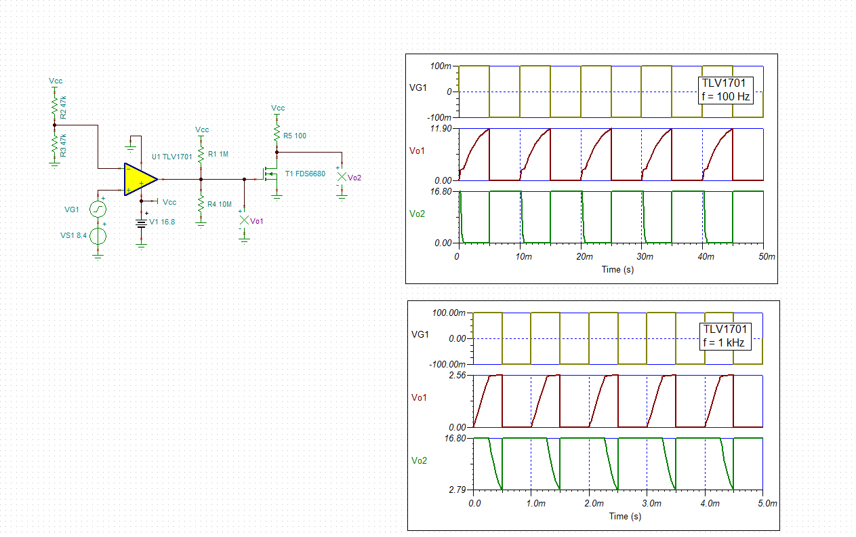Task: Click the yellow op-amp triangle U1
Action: [139, 179]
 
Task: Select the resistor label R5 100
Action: [294, 136]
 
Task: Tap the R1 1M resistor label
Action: [218, 155]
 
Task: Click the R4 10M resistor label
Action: [220, 204]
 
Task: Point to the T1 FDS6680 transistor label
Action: [305, 174]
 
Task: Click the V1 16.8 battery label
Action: [162, 222]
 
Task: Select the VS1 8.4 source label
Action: [73, 236]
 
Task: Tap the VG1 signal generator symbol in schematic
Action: [98, 209]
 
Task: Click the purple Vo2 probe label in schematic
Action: [354, 178]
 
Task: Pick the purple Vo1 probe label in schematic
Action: [257, 221]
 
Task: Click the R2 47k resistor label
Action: [63, 108]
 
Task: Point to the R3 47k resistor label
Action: [63, 146]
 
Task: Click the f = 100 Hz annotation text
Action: [725, 96]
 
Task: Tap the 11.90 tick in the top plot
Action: [441, 129]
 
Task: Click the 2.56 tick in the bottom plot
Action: [458, 376]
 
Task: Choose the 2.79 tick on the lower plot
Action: [458, 490]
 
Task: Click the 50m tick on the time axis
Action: [766, 257]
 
